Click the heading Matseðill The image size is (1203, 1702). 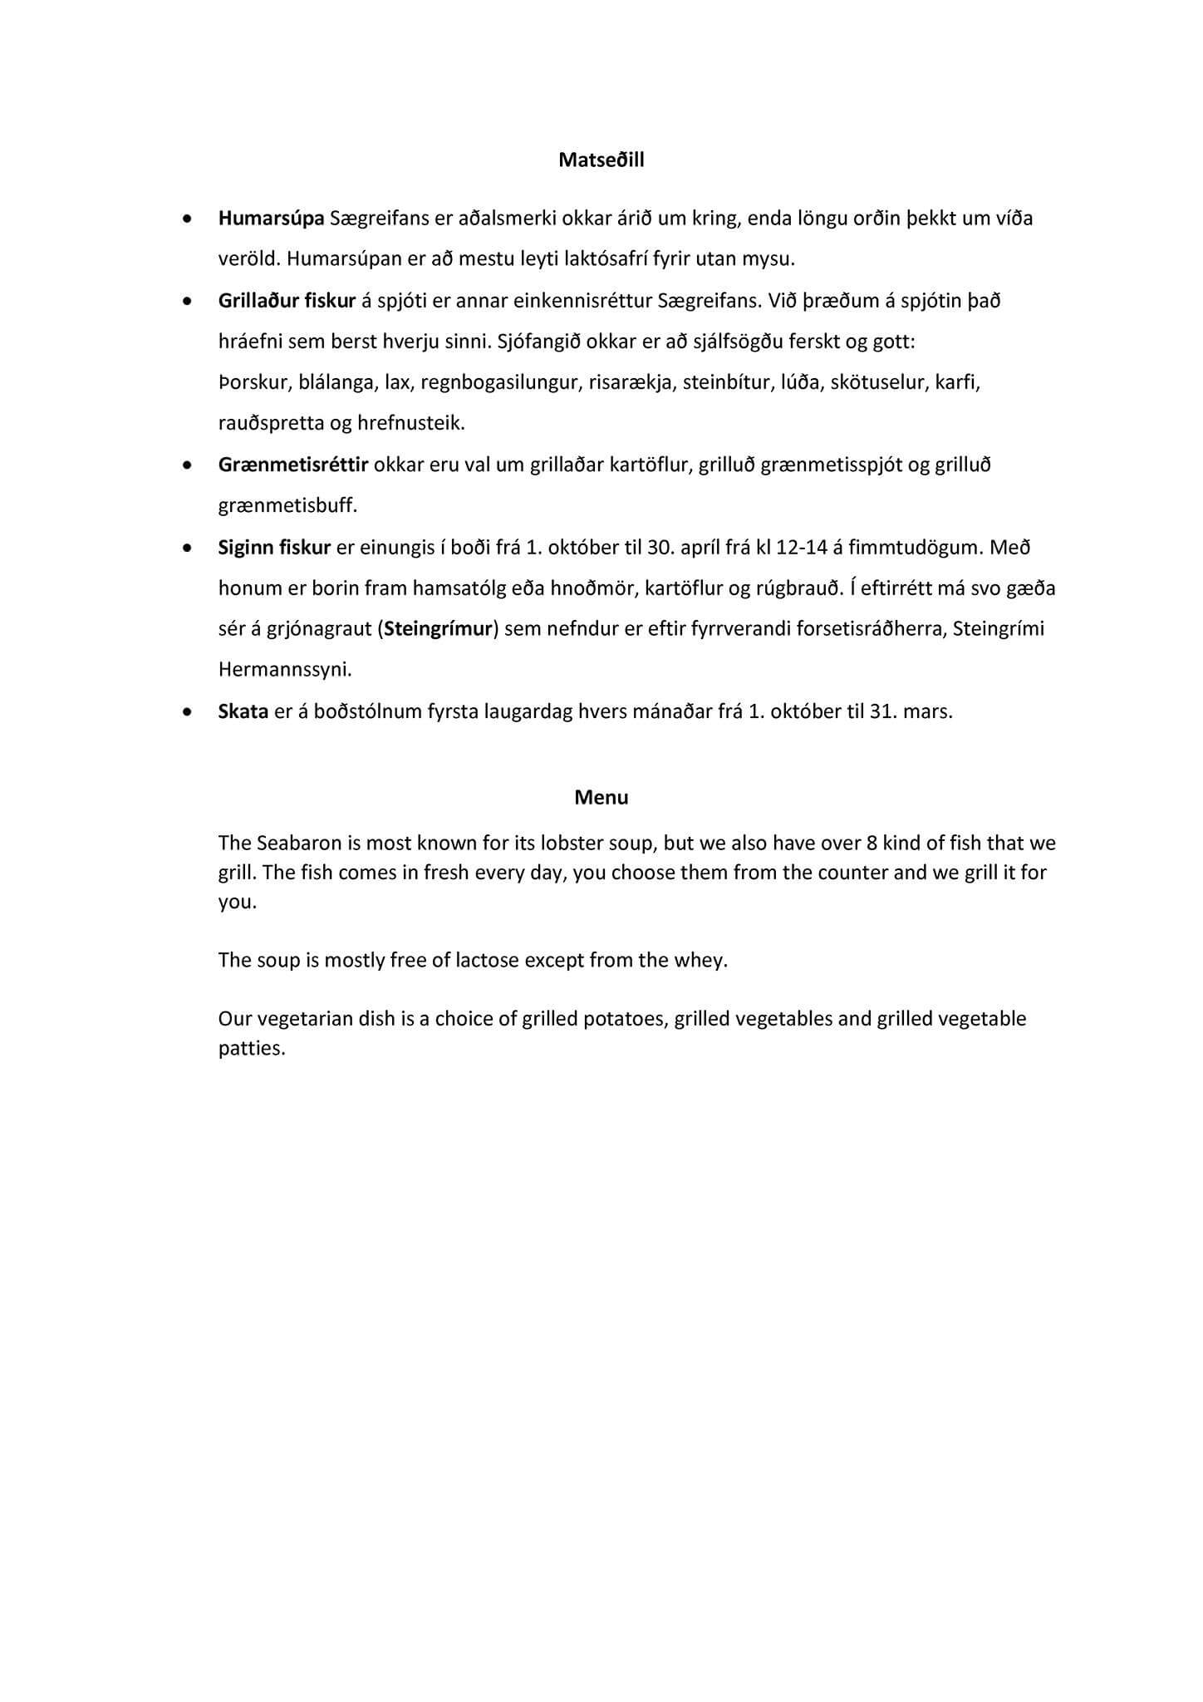click(x=601, y=160)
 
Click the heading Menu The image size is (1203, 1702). click(x=601, y=798)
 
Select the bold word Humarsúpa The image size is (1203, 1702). click(x=271, y=219)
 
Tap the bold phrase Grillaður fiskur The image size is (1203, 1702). click(x=287, y=301)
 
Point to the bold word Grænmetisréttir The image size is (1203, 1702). click(x=292, y=465)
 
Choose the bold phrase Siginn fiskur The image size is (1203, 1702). click(x=274, y=548)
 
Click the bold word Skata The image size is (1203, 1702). click(x=243, y=711)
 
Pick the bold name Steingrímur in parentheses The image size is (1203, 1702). click(x=438, y=628)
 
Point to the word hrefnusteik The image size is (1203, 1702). click(x=410, y=424)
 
